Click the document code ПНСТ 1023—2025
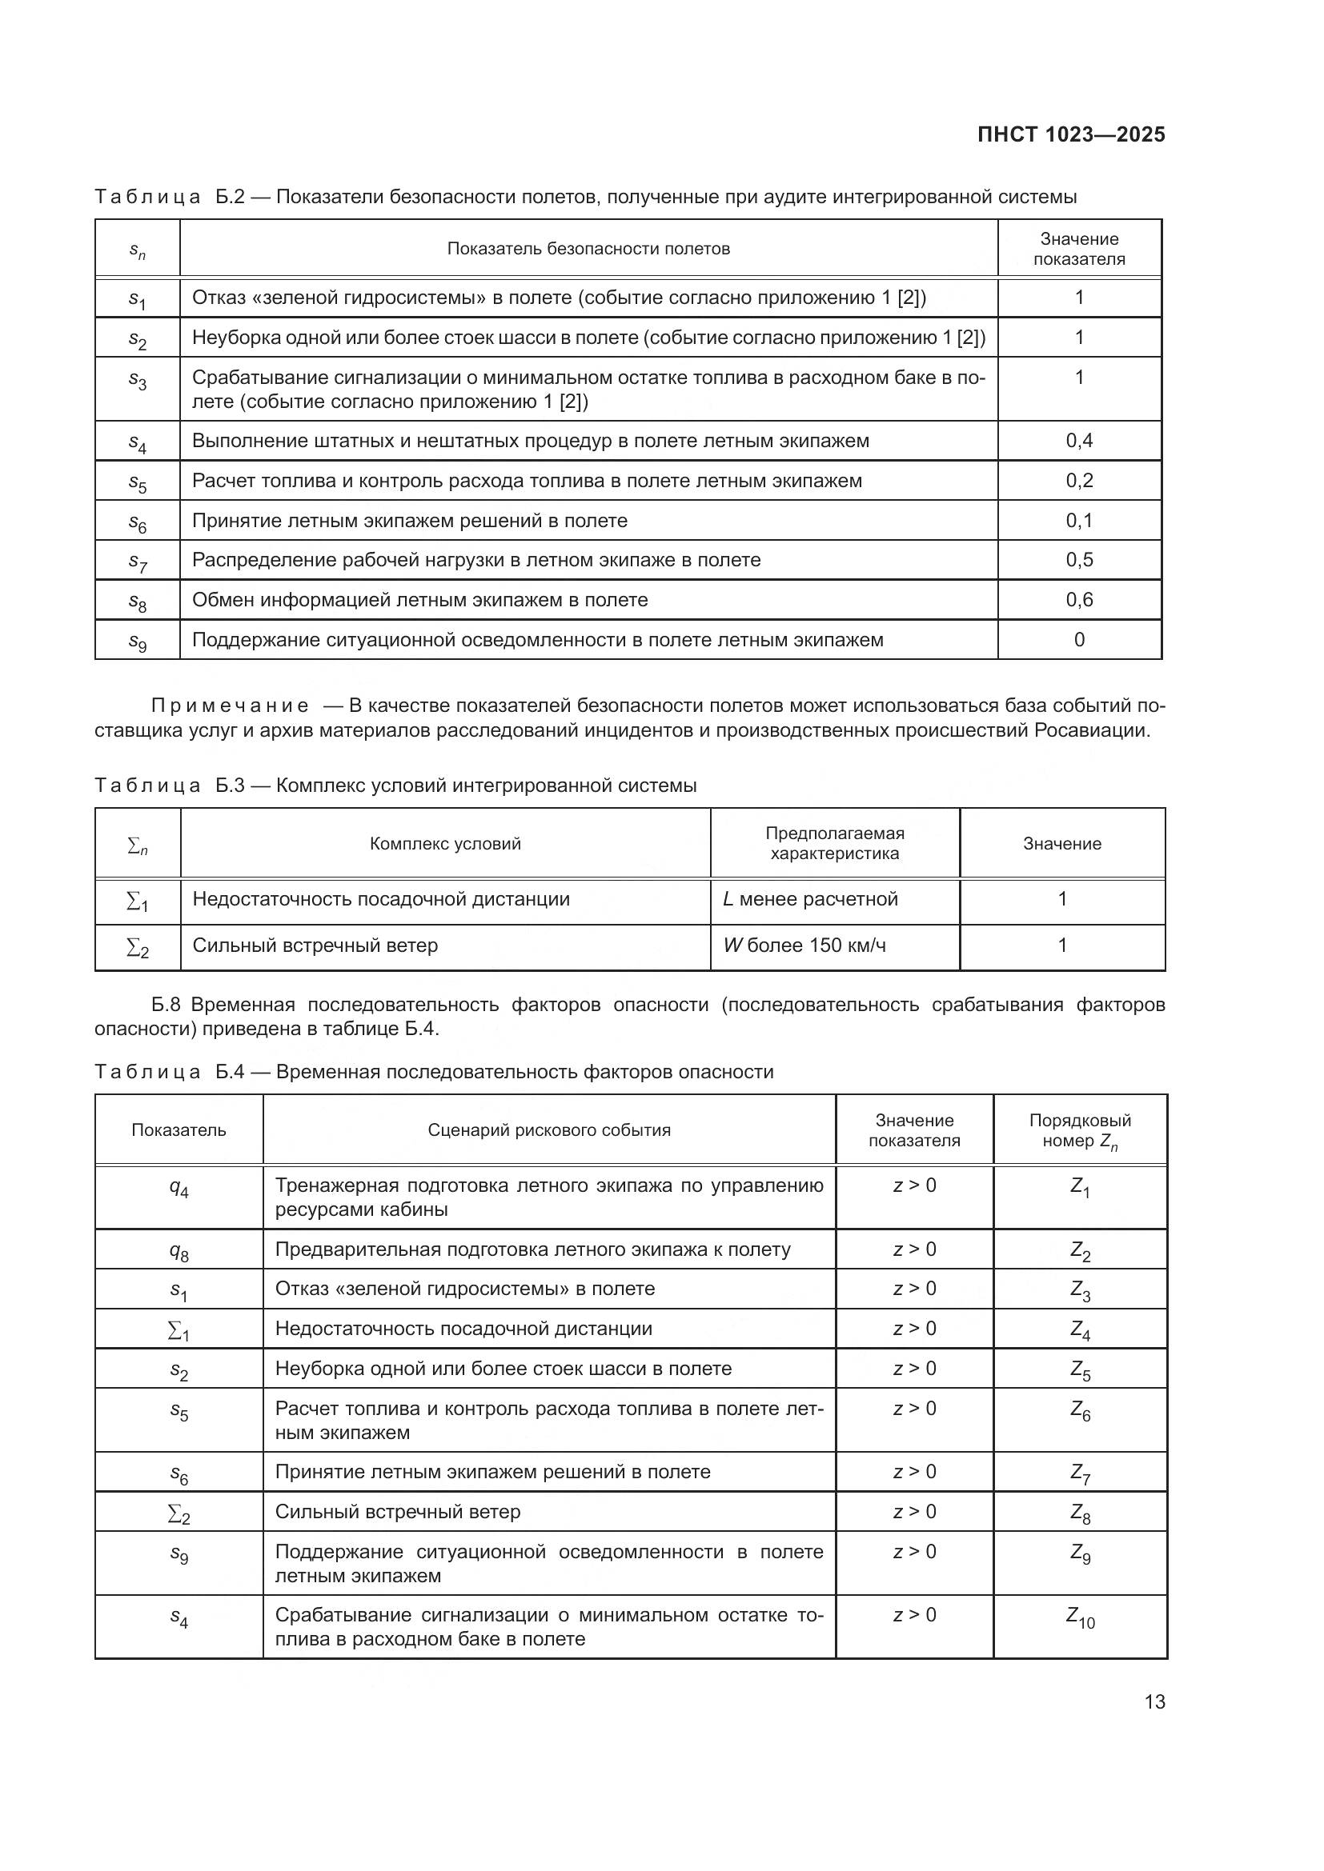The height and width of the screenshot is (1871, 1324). (x=1070, y=135)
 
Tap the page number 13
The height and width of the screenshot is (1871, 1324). (x=1154, y=1701)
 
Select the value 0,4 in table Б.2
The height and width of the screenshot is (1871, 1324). (x=1078, y=441)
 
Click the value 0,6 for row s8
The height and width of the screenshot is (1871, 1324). (x=1078, y=600)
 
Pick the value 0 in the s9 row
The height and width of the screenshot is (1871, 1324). (x=1078, y=640)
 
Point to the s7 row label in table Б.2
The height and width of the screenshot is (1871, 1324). (x=137, y=561)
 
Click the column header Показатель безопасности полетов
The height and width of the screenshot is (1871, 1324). (x=588, y=249)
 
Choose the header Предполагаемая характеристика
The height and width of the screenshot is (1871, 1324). (x=834, y=843)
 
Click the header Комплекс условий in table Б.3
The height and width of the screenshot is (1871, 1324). (x=444, y=843)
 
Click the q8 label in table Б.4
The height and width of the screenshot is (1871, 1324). (x=179, y=1251)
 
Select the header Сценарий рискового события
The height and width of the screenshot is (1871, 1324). (x=548, y=1130)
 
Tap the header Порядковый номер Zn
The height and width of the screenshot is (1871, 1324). (x=1079, y=1130)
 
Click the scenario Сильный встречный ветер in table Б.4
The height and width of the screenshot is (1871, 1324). (x=397, y=1512)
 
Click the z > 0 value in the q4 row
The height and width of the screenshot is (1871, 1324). (x=914, y=1185)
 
